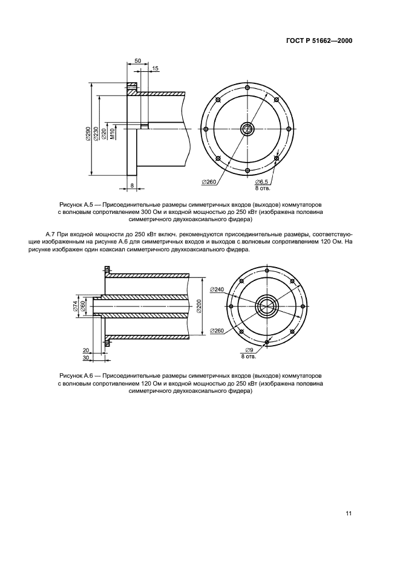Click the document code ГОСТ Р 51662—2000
tap(319, 41)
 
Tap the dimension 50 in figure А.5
tap(137, 62)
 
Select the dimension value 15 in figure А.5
tap(156, 69)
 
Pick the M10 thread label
tap(113, 134)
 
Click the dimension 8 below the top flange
tap(132, 185)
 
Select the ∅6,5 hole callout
tap(261, 182)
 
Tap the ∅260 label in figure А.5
tap(209, 181)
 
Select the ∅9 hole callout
tap(248, 351)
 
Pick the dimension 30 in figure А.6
tap(85, 358)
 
